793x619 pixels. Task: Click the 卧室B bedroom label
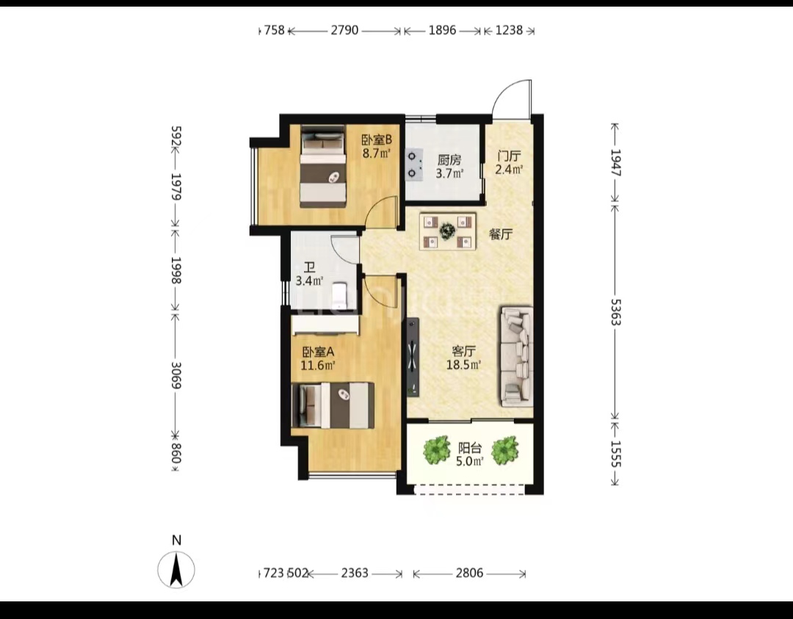(376, 139)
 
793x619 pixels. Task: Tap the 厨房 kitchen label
(449, 160)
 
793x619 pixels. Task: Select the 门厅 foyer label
(509, 156)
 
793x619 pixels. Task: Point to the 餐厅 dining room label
(501, 234)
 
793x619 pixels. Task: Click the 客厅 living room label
(463, 351)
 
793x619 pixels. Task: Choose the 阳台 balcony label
(470, 448)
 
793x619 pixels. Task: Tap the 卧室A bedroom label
(318, 352)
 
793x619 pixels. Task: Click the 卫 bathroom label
(309, 267)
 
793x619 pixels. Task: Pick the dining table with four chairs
(448, 231)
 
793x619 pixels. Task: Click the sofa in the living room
(517, 357)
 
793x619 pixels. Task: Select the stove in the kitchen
(415, 164)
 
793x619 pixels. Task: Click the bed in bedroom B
(323, 167)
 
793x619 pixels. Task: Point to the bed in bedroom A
(333, 405)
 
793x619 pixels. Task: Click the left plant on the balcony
(436, 449)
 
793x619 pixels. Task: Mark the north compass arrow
(176, 570)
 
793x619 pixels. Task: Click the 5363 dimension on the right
(615, 311)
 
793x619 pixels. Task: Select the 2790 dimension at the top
(344, 30)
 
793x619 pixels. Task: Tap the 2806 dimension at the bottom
(469, 573)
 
